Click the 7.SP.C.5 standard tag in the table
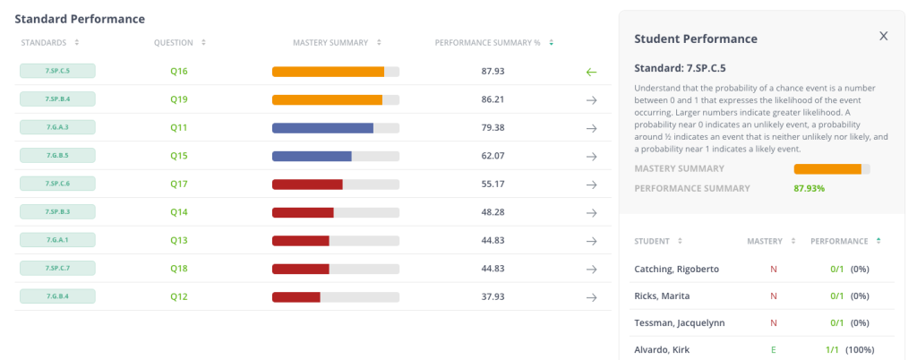[57, 71]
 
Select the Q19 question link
[179, 99]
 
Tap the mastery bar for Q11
[335, 128]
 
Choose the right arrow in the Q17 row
[591, 184]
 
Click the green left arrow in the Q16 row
[591, 72]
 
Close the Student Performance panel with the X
[883, 36]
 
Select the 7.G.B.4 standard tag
[57, 296]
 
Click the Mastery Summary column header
[330, 42]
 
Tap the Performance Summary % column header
[488, 42]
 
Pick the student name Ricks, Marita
[664, 296]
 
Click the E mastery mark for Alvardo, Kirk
[773, 348]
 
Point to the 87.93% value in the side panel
[810, 188]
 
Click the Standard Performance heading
[80, 19]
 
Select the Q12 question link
[179, 296]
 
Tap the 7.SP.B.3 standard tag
[57, 212]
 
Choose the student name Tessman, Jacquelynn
[678, 322]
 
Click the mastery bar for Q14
[335, 212]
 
